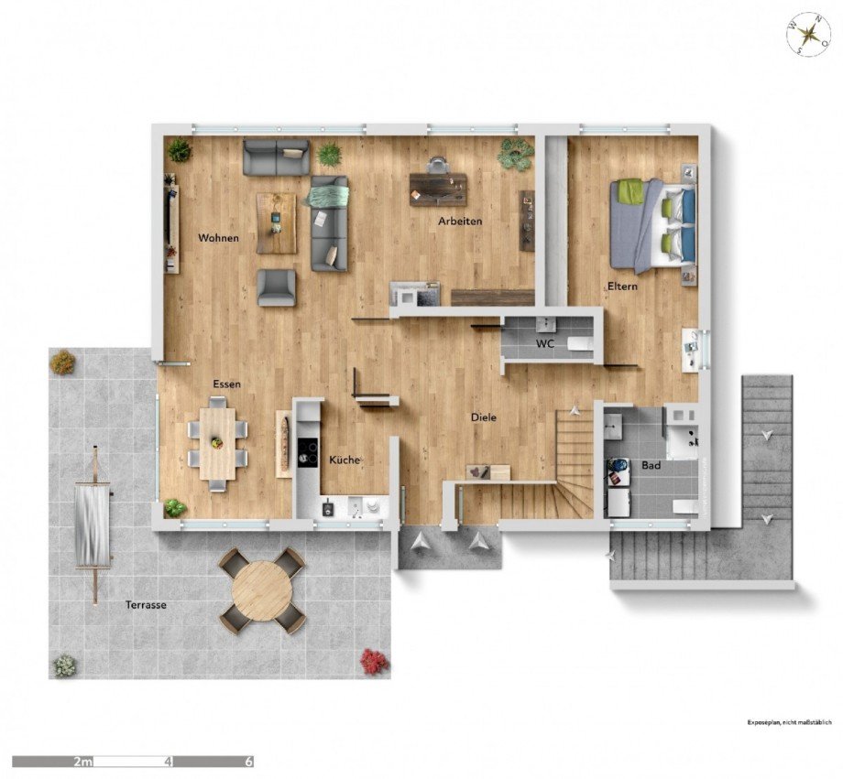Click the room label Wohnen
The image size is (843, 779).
point(218,237)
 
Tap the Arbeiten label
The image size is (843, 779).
point(460,221)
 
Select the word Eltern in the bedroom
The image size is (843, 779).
point(622,287)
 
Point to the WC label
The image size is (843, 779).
point(545,344)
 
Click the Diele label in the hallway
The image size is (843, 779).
point(483,417)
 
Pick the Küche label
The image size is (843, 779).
point(345,460)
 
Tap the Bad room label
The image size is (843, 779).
point(651,466)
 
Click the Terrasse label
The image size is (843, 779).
point(146,605)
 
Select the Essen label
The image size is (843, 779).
point(227,384)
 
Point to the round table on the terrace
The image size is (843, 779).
point(262,591)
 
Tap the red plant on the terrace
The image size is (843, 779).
point(374,661)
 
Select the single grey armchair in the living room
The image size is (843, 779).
point(277,288)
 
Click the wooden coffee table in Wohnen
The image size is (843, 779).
point(277,223)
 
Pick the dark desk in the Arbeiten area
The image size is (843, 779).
point(438,189)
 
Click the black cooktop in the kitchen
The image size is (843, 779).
point(308,451)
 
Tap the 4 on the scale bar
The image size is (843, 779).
point(170,762)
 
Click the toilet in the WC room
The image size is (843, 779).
point(579,344)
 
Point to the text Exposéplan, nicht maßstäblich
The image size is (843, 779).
point(789,722)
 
